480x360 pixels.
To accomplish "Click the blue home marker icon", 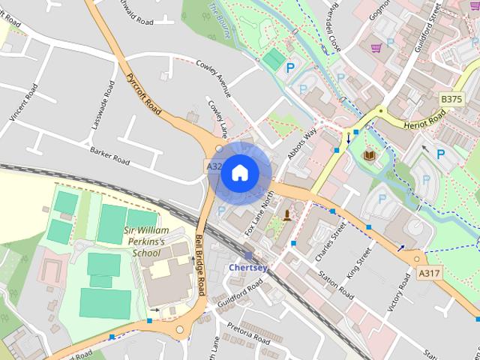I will point(239,172).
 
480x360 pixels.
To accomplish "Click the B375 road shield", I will point(451,99).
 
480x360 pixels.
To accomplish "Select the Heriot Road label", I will point(424,119).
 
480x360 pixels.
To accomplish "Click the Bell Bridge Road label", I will point(200,262).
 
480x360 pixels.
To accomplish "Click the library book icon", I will point(369,156).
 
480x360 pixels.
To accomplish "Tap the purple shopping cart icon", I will point(376,48).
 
